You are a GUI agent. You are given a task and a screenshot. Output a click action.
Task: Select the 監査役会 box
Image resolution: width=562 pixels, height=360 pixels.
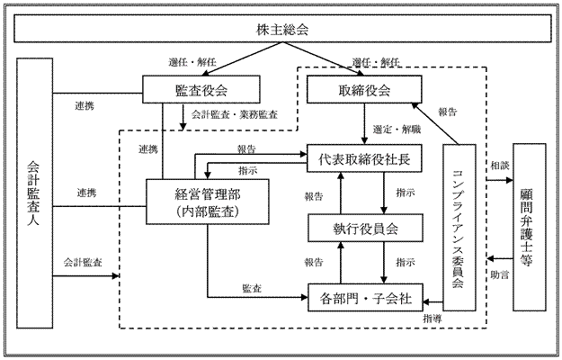coord(201,89)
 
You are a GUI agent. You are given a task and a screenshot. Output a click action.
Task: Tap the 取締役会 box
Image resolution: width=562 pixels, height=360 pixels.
coord(364,89)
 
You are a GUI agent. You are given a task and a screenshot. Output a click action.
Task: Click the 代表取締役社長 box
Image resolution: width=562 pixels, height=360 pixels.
coord(364,159)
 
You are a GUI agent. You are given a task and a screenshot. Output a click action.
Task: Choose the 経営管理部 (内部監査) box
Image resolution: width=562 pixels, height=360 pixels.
coord(197,201)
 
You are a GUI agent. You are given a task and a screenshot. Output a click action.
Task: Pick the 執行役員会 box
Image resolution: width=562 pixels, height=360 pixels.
coord(364,229)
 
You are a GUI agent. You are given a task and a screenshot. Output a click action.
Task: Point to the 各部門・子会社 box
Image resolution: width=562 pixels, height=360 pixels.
coord(364,295)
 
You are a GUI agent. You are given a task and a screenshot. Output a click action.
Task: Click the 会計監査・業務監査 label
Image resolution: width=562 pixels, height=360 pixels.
coord(236,115)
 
